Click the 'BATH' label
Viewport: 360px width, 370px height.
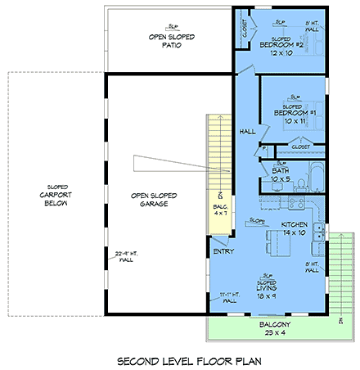pos(280,170)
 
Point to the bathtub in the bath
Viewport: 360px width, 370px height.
pos(315,176)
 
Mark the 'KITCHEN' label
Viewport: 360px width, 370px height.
pos(294,223)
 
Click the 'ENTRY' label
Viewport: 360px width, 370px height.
pos(223,251)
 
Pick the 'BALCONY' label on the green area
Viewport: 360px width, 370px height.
pos(268,324)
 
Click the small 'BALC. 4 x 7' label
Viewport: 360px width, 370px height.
pos(219,210)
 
